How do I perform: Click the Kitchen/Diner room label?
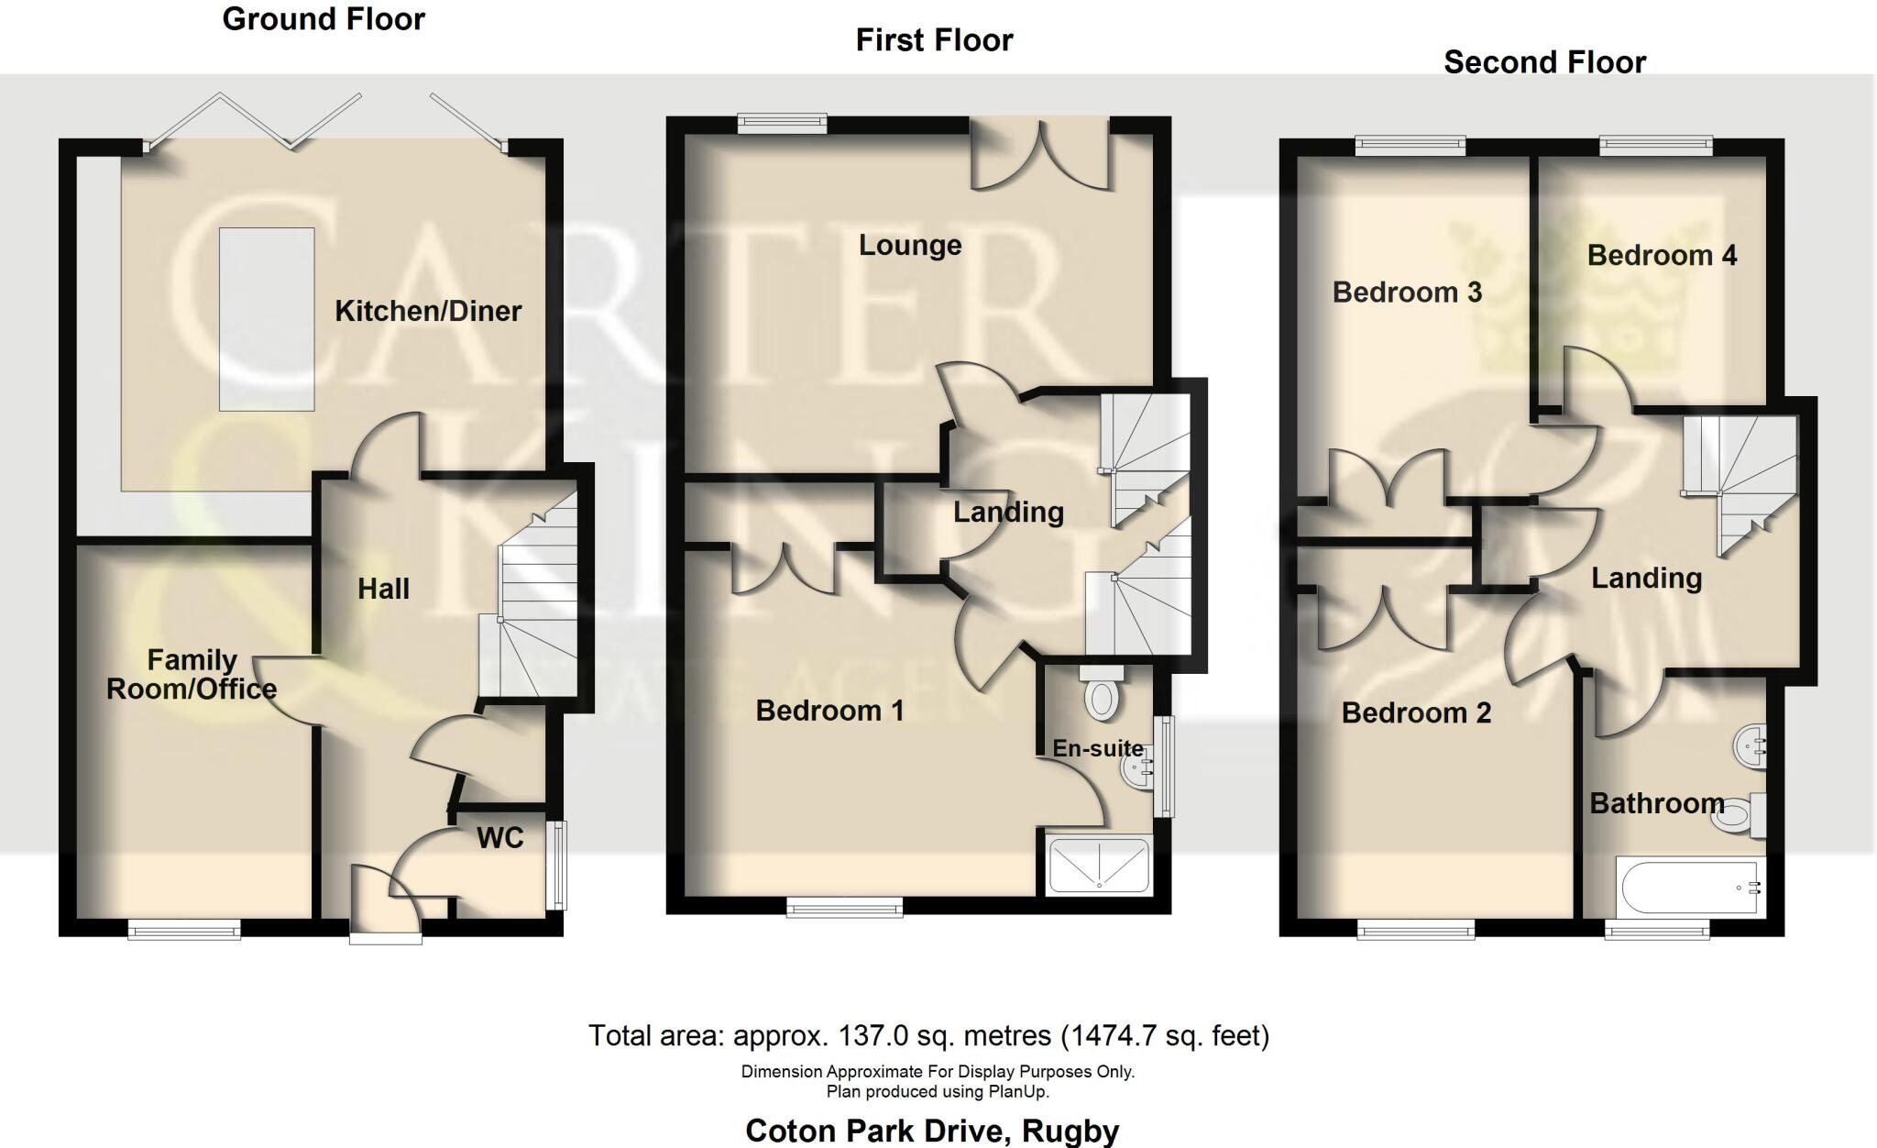428,311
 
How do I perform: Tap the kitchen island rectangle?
267,318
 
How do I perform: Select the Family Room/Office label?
192,674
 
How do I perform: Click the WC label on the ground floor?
500,837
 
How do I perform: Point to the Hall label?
383,589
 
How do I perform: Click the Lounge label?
910,245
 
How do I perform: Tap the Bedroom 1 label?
829,711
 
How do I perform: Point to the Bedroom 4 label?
1662,255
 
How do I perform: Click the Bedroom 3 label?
1407,293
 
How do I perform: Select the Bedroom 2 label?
1416,712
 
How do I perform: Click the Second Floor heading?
1544,62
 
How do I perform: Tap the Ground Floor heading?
324,19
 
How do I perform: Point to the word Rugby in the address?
1070,1131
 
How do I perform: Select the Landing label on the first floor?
1008,512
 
